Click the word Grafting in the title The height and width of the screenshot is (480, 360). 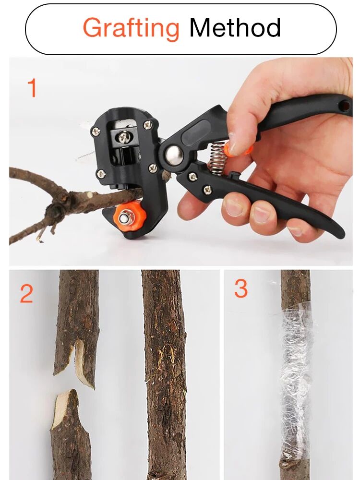(131, 28)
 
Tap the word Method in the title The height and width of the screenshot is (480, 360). (235, 28)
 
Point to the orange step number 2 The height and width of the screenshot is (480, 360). (27, 294)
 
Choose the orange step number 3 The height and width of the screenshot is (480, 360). (241, 289)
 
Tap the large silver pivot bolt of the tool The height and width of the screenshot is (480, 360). (172, 155)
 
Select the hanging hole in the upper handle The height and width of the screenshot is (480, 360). (344, 102)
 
